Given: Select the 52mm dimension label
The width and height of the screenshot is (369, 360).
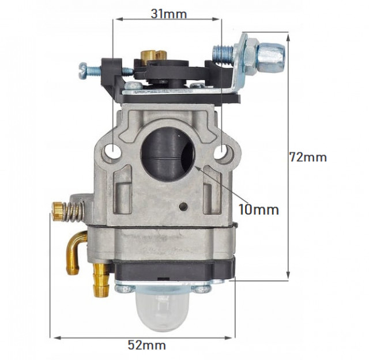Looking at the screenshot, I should (x=146, y=345).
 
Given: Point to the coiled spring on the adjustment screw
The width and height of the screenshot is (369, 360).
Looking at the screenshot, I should (x=71, y=212).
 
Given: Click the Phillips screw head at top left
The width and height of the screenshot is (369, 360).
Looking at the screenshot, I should (x=81, y=70).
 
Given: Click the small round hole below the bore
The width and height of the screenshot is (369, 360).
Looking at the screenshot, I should (x=184, y=206).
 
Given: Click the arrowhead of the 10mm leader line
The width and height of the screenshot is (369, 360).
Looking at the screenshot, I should (x=197, y=168).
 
